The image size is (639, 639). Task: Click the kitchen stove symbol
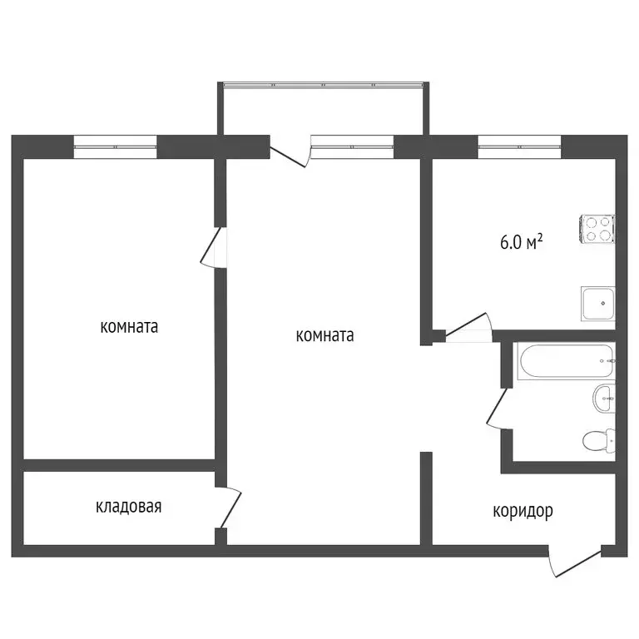[597, 229]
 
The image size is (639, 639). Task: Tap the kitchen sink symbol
[597, 304]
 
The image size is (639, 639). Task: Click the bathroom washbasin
[604, 399]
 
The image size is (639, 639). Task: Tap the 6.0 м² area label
[522, 243]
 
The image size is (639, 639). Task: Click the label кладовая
[128, 506]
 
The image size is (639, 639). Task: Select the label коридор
[523, 511]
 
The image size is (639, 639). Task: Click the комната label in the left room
[129, 327]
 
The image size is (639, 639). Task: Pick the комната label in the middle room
[324, 336]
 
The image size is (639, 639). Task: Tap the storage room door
[229, 508]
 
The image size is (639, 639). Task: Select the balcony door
[290, 153]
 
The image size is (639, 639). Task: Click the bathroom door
[497, 409]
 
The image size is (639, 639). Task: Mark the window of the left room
[116, 146]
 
